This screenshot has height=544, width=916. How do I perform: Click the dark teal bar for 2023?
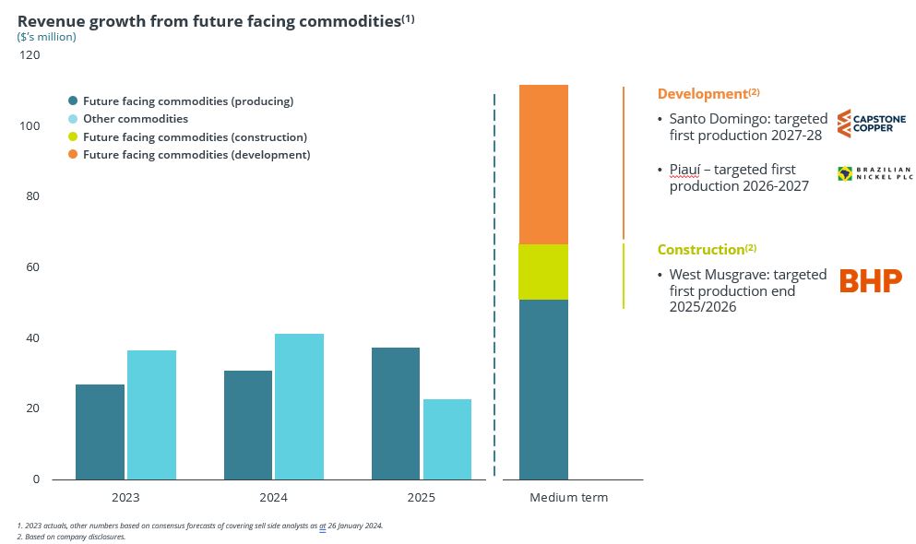pos(100,432)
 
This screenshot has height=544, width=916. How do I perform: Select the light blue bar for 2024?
pos(299,406)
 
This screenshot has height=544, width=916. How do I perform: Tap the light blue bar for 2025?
pos(447,439)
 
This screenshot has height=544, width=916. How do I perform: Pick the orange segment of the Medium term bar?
pos(543,164)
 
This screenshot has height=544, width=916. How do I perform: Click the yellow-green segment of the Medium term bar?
pos(543,272)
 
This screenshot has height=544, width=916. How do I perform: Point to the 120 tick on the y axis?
pos(30,55)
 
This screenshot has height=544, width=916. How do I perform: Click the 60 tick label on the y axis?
pos(33,267)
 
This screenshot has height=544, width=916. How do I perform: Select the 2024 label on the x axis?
pos(273,498)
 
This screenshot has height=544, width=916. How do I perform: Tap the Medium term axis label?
pos(568,498)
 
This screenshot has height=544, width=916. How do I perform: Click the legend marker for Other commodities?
pos(73,119)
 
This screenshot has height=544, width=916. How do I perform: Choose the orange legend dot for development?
pos(73,155)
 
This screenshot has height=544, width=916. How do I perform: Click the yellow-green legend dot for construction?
pos(73,137)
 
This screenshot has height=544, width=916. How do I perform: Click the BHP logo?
pos(870,281)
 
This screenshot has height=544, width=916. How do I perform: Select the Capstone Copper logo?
pos(871,124)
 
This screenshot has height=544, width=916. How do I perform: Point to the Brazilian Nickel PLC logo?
pos(874,173)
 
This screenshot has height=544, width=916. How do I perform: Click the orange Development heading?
pos(702,94)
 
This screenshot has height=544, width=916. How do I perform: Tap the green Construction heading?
pos(701,250)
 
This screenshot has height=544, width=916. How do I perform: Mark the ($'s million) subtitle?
pos(47,37)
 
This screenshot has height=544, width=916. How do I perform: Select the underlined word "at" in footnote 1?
pos(323,526)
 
